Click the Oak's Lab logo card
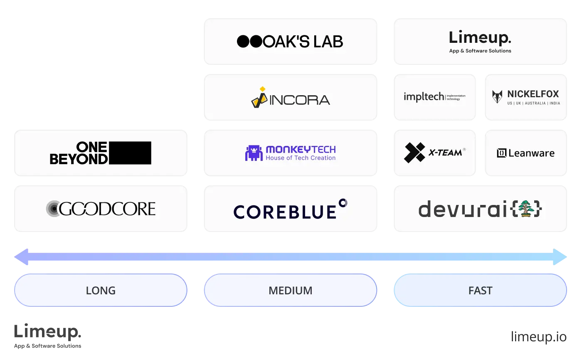[x=291, y=42]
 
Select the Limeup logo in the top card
[x=480, y=38]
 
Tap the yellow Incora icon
[x=259, y=98]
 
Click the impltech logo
[x=434, y=97]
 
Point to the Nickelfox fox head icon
[x=497, y=97]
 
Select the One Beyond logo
[x=101, y=153]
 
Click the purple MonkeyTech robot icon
[x=254, y=153]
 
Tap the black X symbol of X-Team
[x=414, y=153]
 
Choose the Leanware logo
[x=525, y=153]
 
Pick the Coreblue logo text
[x=285, y=211]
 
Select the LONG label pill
[x=101, y=290]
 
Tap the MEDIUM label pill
[x=291, y=290]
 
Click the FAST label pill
[x=480, y=290]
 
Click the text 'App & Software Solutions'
[x=480, y=51]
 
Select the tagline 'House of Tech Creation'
[x=301, y=158]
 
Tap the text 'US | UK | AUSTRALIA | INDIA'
[x=533, y=103]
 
